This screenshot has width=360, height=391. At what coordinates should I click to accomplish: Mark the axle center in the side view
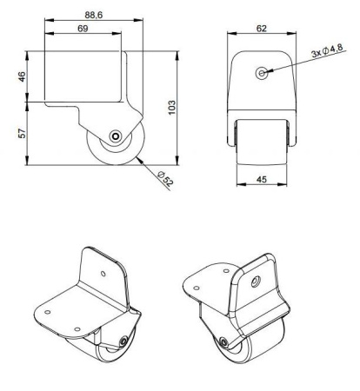(x=115, y=136)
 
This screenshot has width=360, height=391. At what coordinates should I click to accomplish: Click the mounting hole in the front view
(x=261, y=73)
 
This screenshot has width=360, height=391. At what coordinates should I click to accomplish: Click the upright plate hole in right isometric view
(x=257, y=280)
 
